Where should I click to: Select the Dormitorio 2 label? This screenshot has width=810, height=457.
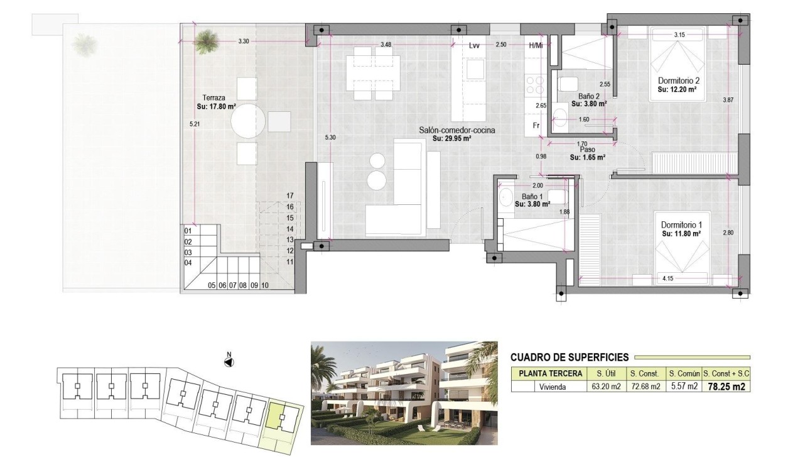click(x=678, y=81)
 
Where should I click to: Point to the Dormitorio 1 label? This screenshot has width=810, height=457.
click(x=681, y=225)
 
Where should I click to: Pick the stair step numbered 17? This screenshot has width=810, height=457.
click(x=289, y=195)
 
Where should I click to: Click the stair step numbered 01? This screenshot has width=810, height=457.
click(x=188, y=231)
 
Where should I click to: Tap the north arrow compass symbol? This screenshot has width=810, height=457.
click(x=229, y=361)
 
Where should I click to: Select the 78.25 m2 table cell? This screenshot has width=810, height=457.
click(x=726, y=387)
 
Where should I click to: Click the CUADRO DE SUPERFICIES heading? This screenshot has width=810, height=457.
click(x=569, y=357)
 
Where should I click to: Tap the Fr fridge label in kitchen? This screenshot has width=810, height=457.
click(x=536, y=125)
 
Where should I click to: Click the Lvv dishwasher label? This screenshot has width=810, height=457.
click(x=474, y=45)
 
